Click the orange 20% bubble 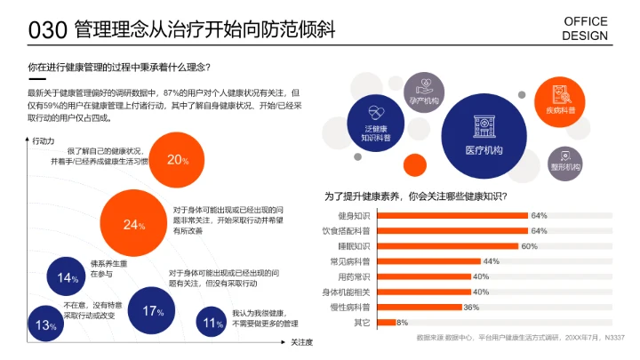178,160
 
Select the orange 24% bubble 133,224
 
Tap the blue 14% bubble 68,277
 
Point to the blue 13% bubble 46,325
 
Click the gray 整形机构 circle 565,161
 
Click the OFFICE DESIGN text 586,28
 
